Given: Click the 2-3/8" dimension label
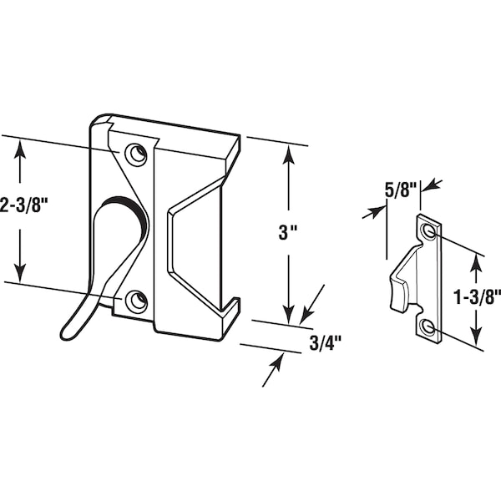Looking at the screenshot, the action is (x=23, y=205).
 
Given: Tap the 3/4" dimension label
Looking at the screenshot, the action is (x=326, y=343).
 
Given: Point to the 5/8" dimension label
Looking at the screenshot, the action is (x=402, y=190).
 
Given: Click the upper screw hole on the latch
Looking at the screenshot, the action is (x=136, y=154).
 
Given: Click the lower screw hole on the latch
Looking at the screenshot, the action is (x=136, y=301).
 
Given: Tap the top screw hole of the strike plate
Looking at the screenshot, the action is (x=428, y=230).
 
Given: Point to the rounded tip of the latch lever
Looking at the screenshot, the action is (x=66, y=334).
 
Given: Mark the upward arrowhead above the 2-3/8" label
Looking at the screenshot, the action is (x=20, y=150).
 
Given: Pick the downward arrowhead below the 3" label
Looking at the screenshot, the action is (x=289, y=314).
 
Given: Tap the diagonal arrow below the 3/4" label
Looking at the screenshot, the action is (x=273, y=369).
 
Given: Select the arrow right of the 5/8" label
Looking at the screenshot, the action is (x=432, y=185).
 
